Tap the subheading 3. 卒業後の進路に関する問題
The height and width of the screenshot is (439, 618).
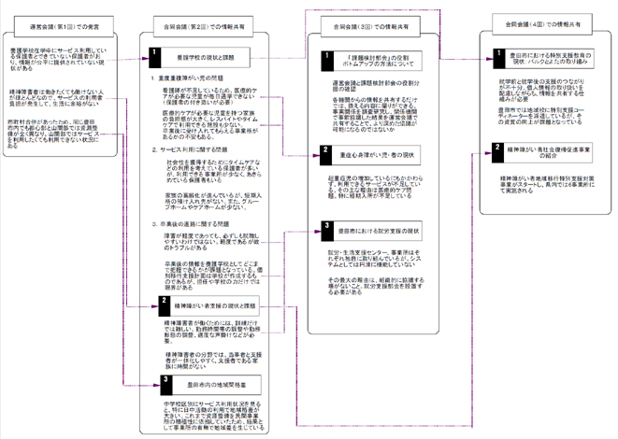pyautogui.click(x=193, y=224)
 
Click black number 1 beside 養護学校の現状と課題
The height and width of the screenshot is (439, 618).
pyautogui.click(x=156, y=57)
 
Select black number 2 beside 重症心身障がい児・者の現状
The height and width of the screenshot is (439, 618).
pyautogui.click(x=325, y=149)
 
